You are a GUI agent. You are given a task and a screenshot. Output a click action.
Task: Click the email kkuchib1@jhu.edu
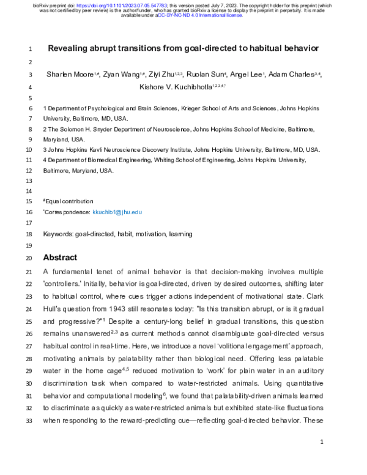[117, 212]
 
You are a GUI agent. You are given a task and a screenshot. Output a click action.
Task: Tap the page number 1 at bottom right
[321, 441]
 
